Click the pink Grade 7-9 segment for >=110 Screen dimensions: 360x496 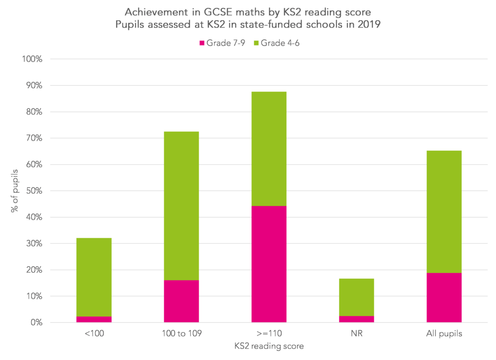tap(269, 264)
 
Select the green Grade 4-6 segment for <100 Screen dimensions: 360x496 tap(94, 277)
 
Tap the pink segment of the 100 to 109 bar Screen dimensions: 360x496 tap(181, 301)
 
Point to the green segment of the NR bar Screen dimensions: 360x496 tap(356, 297)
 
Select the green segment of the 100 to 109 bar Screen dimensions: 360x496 tap(181, 206)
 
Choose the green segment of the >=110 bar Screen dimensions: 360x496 tap(269, 149)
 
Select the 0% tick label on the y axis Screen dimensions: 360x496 tap(37, 322)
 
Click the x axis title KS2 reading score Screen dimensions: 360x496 tap(269, 346)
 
